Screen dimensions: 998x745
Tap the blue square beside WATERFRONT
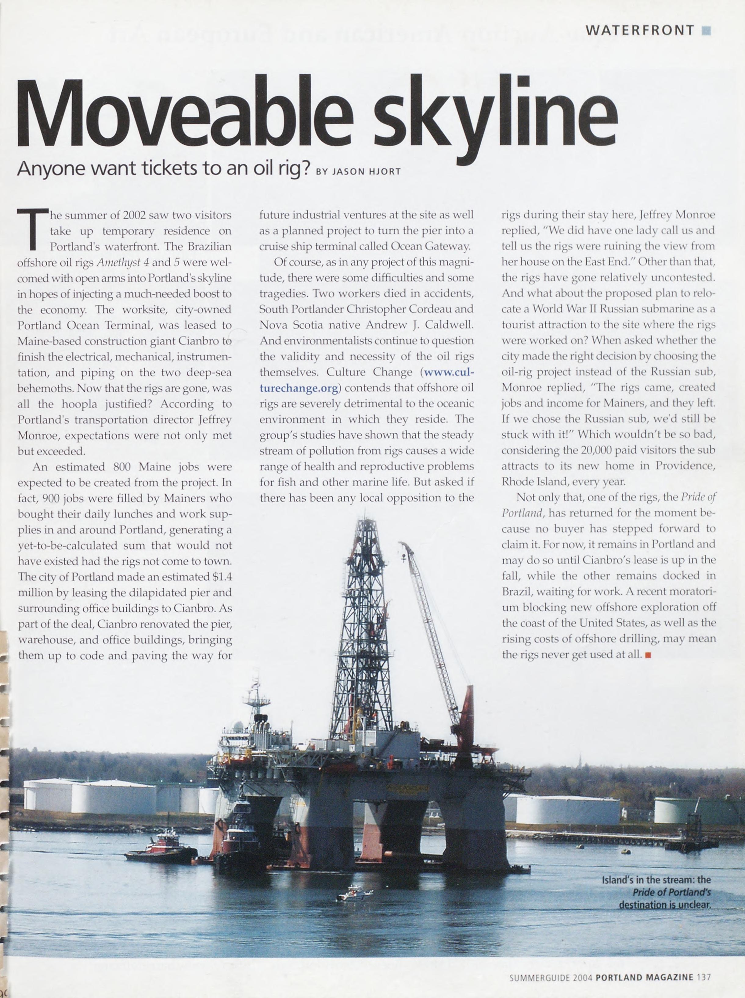(x=706, y=31)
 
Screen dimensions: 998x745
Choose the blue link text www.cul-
(x=449, y=372)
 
